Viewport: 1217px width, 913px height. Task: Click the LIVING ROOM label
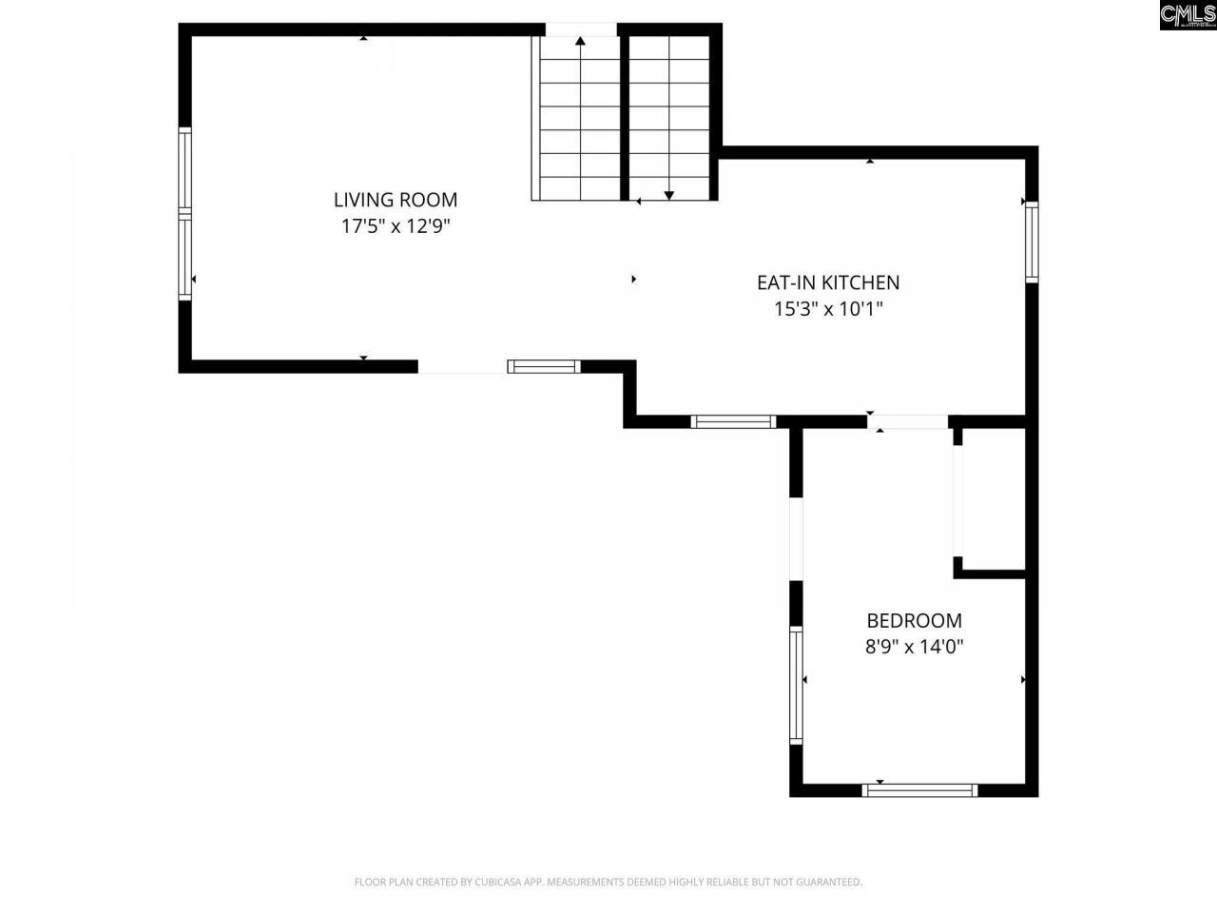[x=395, y=200]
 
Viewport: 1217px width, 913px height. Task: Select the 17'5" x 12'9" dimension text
[x=395, y=226]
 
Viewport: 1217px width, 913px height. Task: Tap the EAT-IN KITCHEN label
[x=827, y=282]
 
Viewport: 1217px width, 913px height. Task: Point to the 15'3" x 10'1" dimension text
[x=827, y=308]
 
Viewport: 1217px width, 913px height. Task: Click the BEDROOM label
[x=914, y=621]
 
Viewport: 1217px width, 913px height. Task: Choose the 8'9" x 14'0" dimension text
[x=914, y=647]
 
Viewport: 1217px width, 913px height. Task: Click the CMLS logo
[x=1187, y=14]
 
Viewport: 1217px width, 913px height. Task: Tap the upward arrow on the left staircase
[x=580, y=42]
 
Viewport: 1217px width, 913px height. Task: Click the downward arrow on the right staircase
[x=668, y=194]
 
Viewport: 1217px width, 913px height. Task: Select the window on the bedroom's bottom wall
[x=919, y=789]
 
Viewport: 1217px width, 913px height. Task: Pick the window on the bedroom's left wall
[x=797, y=684]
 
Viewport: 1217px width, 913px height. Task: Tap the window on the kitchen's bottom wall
[x=733, y=421]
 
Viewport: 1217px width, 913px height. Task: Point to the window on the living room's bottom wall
[x=544, y=366]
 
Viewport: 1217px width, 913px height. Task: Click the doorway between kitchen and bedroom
[x=908, y=422]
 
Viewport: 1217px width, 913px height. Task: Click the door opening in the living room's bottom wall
[x=462, y=367]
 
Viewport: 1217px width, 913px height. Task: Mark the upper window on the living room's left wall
[x=185, y=168]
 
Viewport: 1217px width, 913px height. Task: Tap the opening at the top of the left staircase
[x=580, y=29]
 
